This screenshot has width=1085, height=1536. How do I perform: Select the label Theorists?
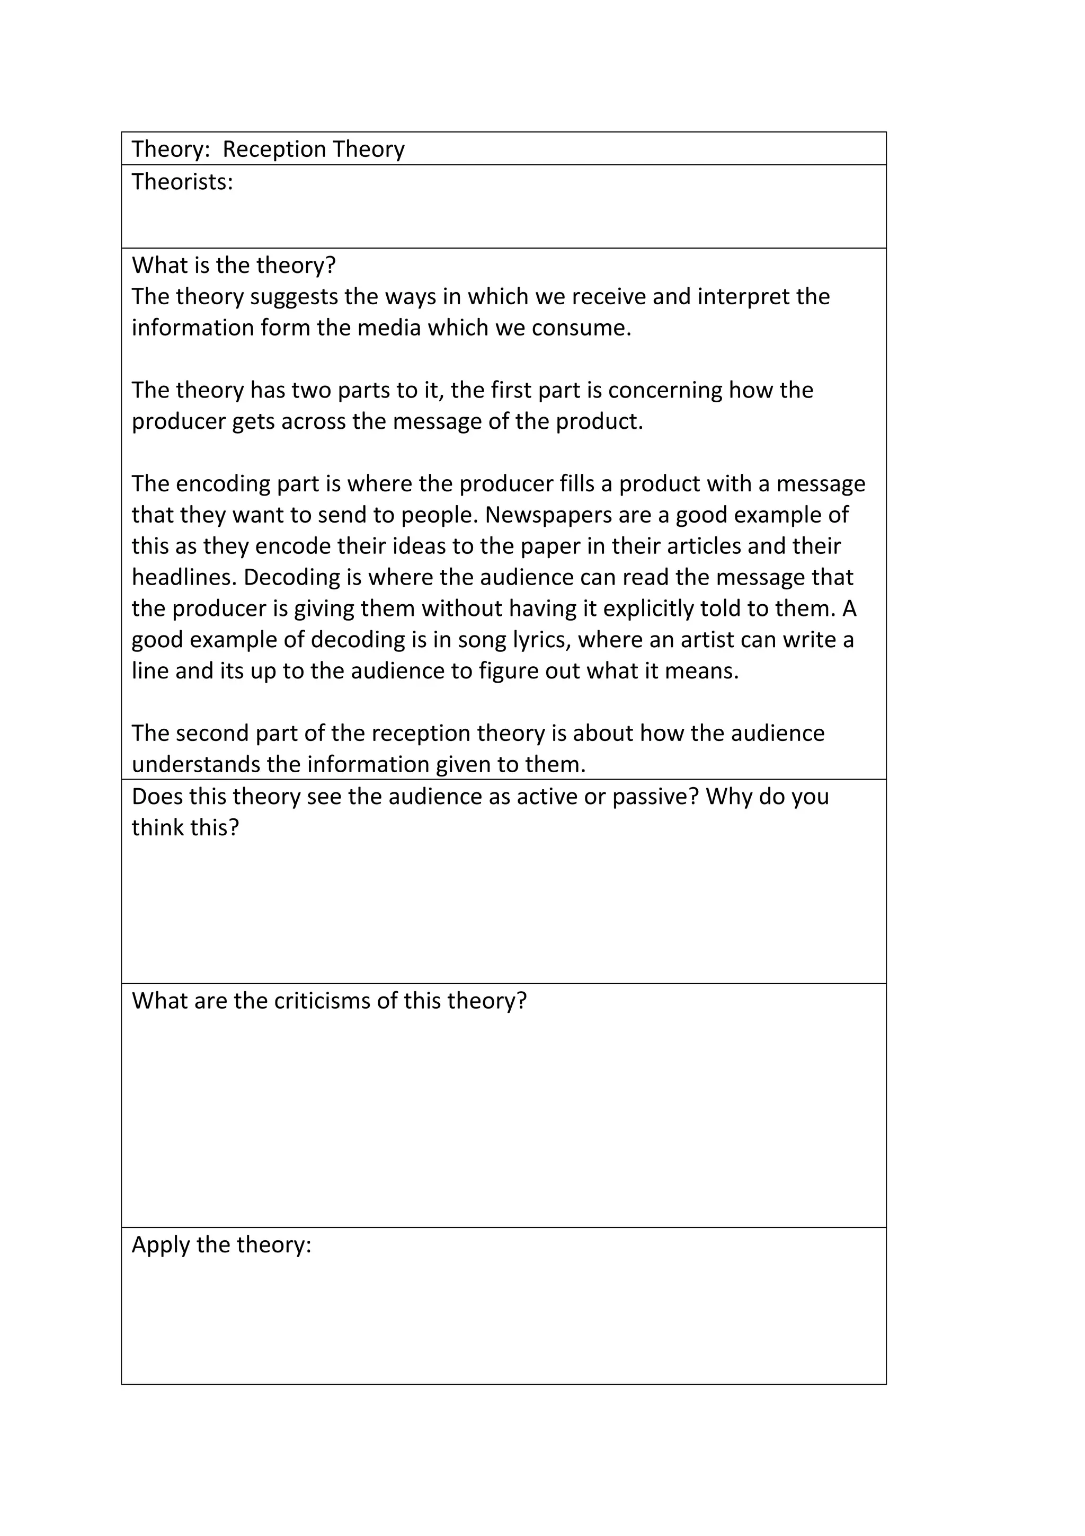click(x=182, y=182)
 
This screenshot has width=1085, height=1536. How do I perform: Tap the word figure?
click(x=510, y=671)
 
